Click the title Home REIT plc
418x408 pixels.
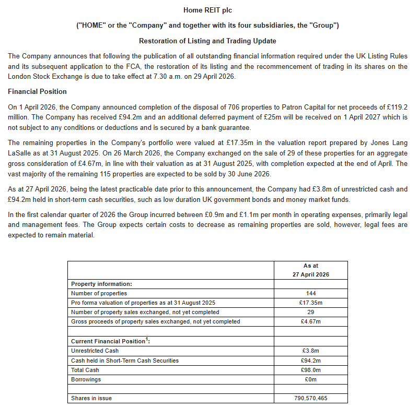[x=207, y=10]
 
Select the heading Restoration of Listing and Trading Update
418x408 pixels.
[x=207, y=41]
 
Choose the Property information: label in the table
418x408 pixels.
[x=101, y=284]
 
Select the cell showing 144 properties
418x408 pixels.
[x=310, y=293]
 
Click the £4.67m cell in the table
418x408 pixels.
[x=310, y=321]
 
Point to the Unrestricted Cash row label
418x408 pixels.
[x=95, y=351]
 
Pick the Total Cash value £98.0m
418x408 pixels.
[x=310, y=370]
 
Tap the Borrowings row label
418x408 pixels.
[x=86, y=379]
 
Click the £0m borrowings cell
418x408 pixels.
[x=310, y=379]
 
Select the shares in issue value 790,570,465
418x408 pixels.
[x=310, y=398]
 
